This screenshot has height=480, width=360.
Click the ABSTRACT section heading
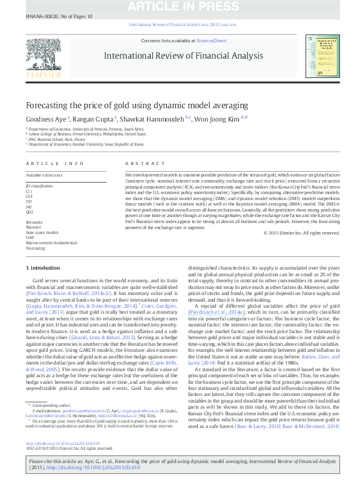click(137, 164)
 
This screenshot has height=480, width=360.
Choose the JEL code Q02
click(30, 212)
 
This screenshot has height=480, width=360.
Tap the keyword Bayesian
click(34, 227)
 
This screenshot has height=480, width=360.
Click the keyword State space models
click(42, 232)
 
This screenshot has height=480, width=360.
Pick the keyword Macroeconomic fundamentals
click(51, 242)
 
